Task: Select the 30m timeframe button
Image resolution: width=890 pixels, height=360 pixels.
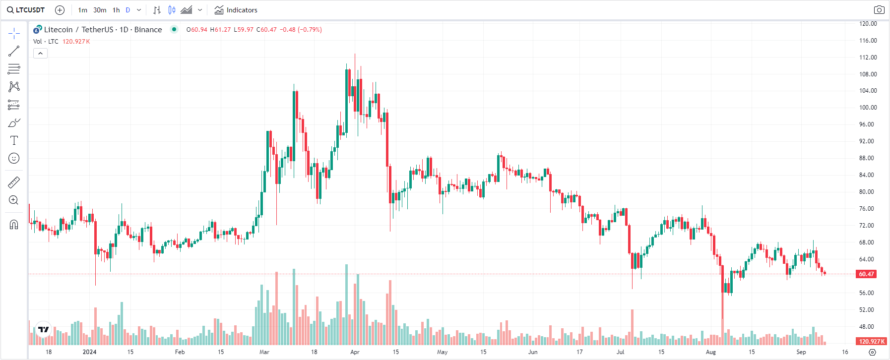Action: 100,10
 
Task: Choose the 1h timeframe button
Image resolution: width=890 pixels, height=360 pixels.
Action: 116,10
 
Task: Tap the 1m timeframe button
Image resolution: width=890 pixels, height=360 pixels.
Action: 82,10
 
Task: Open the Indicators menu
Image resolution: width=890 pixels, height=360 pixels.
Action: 236,10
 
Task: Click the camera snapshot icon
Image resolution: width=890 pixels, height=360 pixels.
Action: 879,10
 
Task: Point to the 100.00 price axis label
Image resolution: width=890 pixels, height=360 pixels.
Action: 868,108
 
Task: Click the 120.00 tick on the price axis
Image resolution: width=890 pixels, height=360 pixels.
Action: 868,24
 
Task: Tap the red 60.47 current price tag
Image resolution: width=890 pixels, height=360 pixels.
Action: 866,274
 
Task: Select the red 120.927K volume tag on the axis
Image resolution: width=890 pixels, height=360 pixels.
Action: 872,341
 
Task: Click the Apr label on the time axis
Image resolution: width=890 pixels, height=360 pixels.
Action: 355,352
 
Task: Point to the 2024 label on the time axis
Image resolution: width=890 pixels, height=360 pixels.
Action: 89,352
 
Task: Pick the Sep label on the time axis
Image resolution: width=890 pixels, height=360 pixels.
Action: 801,352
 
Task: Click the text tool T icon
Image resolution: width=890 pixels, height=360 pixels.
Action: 14,141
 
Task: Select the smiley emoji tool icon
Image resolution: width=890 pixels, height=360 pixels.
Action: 14,159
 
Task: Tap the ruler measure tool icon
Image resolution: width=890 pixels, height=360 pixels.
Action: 14,182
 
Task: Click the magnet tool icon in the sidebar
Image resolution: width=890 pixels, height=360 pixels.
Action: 14,225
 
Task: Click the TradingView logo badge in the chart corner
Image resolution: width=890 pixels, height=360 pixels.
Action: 44,329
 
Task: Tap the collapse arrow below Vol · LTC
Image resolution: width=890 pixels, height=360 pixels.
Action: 40,54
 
